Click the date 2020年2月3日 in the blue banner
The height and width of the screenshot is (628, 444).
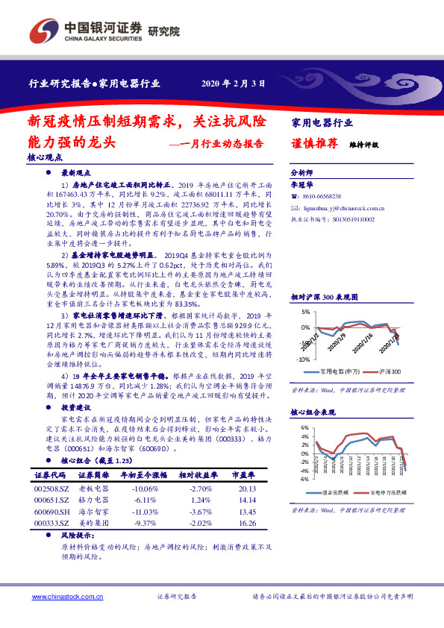coord(234,84)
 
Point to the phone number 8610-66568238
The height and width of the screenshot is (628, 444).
coord(325,195)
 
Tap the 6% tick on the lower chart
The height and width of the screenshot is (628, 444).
coord(304,428)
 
